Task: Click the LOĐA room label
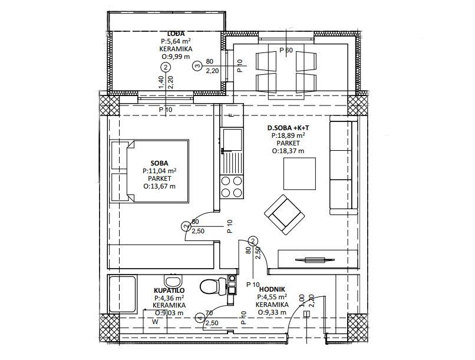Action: tap(176, 34)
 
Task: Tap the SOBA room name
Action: tap(159, 163)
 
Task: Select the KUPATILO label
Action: tap(169, 290)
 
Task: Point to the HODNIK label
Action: tap(272, 289)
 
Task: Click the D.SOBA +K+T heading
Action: tap(288, 128)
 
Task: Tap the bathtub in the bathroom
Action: tap(123, 293)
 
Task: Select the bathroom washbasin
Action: tap(173, 280)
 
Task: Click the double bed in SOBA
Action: tap(149, 171)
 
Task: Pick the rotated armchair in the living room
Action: tap(284, 214)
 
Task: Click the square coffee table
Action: tap(299, 173)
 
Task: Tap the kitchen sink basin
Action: tap(232, 140)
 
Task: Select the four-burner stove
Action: tap(232, 186)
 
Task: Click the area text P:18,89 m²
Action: tap(288, 136)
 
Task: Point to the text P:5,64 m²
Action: tap(176, 41)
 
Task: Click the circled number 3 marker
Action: tap(197, 66)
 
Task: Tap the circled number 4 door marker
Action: tap(199, 318)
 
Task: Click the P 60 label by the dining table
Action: tap(286, 50)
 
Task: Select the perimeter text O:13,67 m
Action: tap(159, 187)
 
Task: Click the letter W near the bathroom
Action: tap(155, 322)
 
